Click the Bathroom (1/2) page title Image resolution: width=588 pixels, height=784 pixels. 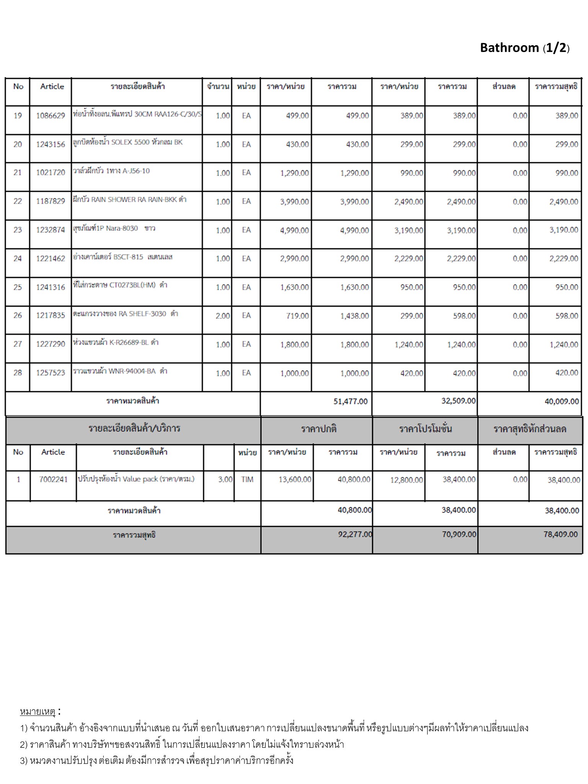coord(524,48)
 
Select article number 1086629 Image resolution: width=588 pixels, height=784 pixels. coord(51,116)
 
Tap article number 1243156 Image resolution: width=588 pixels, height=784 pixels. coord(51,144)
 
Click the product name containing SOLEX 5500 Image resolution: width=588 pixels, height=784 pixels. coord(128,142)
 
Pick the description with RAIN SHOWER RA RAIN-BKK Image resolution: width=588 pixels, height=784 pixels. coord(129,199)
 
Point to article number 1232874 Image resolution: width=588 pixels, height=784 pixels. coord(51,230)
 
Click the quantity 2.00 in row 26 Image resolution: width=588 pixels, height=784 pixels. coord(223,316)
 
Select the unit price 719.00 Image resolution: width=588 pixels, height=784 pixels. coord(297,316)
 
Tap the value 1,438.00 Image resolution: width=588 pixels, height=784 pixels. coord(354,316)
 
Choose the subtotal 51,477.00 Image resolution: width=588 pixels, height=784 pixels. coord(350,401)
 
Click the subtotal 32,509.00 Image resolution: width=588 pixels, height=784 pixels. coord(458,401)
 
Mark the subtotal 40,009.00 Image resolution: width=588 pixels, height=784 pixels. coord(562,401)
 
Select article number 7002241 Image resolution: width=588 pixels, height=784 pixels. coord(53,479)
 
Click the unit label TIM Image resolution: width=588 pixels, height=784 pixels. coord(247,479)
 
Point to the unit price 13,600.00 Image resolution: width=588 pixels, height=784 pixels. coord(295,479)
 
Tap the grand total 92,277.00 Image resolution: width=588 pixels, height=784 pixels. coord(355,534)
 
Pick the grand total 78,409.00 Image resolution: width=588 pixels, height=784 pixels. coord(560,534)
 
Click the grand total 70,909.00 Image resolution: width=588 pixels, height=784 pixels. coord(459,534)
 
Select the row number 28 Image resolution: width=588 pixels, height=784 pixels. coord(18,372)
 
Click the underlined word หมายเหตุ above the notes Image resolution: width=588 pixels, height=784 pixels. coord(38,712)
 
